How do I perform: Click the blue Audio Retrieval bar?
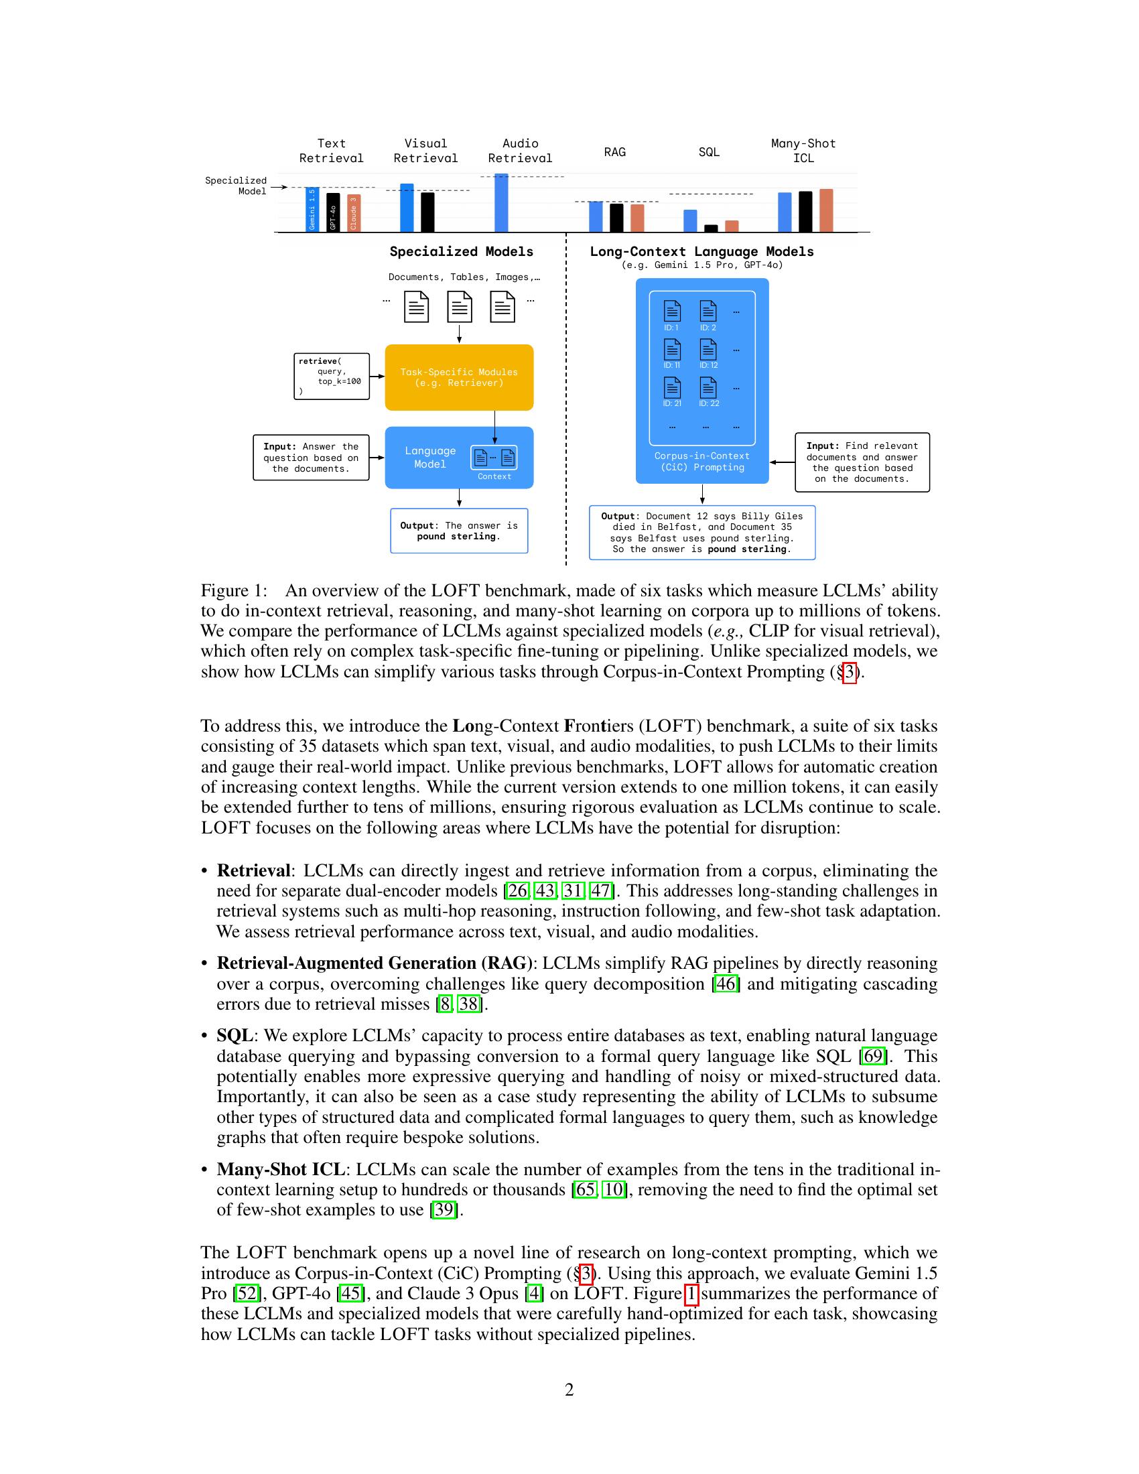point(501,203)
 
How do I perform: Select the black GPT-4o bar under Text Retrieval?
point(333,212)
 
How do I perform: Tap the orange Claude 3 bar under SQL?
point(732,226)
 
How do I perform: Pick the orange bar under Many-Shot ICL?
point(826,210)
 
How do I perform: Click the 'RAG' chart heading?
point(614,152)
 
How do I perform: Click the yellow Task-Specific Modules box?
point(459,377)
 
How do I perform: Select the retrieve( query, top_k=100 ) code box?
point(331,377)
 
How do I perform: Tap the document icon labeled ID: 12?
point(708,350)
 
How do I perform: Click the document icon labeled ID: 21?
point(672,388)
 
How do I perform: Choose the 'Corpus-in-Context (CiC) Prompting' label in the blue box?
point(701,462)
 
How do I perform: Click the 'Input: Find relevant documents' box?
point(862,462)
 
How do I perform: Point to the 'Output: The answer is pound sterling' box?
point(459,531)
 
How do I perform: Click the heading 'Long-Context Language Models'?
point(701,252)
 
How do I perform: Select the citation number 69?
point(872,1055)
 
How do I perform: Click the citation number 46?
point(726,984)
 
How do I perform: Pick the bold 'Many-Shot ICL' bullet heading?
point(280,1169)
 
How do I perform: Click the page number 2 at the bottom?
point(569,1389)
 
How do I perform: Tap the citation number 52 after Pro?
point(247,1293)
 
